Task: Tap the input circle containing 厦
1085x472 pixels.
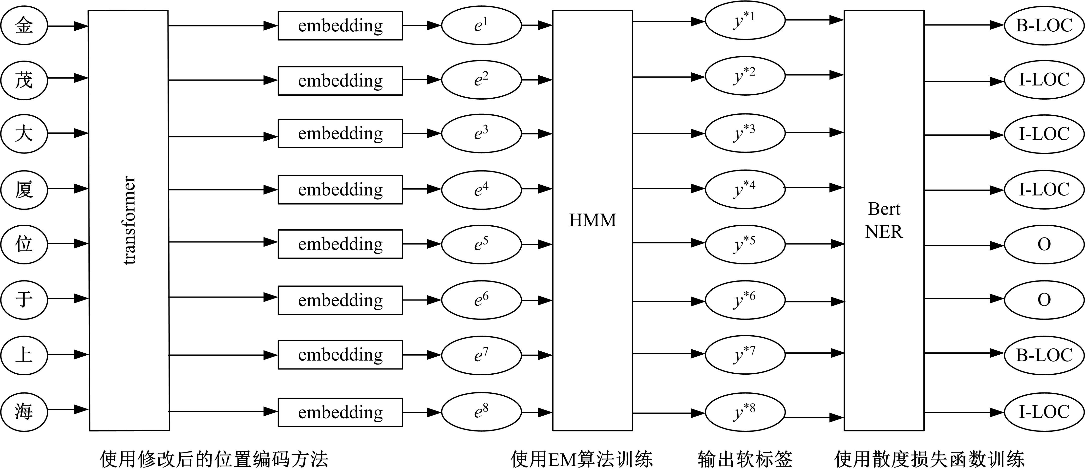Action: pos(24,189)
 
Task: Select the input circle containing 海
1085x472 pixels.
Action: pos(24,411)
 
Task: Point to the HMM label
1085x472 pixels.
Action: pos(592,220)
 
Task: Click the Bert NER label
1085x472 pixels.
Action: pos(884,220)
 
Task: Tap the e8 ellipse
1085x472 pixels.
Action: pos(481,411)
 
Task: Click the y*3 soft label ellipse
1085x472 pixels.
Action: pos(745,133)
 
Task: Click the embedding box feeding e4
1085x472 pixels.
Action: pos(340,190)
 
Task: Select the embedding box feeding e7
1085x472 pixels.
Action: pos(340,355)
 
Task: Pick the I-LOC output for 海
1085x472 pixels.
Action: pos(1044,412)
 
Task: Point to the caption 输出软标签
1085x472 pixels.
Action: pos(745,459)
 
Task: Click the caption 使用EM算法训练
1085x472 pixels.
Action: pos(582,459)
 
